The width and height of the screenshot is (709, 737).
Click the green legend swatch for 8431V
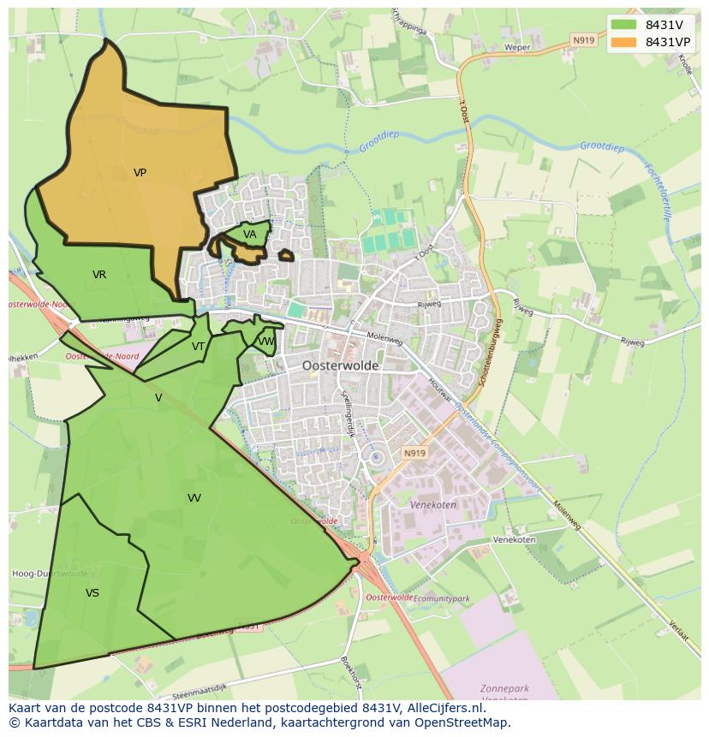point(623,25)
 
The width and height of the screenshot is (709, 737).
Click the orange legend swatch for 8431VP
point(623,42)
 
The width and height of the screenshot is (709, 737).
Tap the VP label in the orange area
point(140,173)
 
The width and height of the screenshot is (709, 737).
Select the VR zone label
point(99,275)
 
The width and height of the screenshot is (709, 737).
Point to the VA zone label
point(249,235)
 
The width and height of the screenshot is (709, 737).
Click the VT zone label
point(198,347)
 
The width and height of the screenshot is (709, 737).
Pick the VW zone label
point(266,342)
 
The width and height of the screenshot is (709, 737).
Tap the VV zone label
point(194,498)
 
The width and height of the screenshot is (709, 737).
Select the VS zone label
point(92,593)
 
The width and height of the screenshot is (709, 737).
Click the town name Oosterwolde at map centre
point(340,366)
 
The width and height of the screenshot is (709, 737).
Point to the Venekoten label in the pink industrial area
point(432,505)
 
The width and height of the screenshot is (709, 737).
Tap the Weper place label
point(517,48)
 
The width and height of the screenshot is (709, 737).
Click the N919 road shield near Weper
point(583,40)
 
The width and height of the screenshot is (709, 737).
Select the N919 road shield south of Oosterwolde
point(414,453)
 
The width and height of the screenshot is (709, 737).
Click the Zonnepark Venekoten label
point(504,694)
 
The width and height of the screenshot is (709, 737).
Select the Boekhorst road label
point(352,674)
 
